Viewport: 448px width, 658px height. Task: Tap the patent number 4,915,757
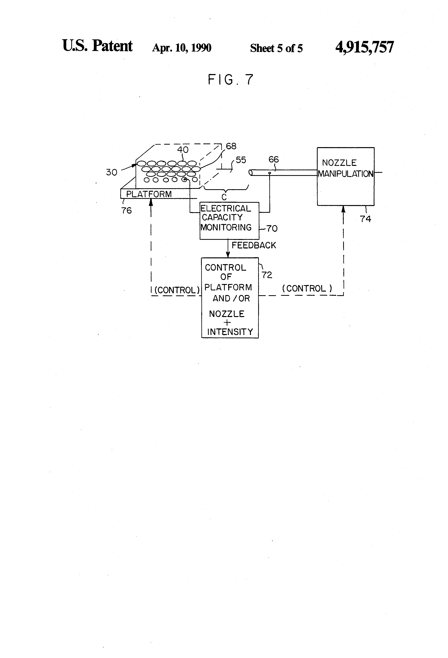pyautogui.click(x=364, y=47)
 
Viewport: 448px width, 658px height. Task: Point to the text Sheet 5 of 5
pyautogui.click(x=276, y=48)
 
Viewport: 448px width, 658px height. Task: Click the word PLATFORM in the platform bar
pyautogui.click(x=149, y=194)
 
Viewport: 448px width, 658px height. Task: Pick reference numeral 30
pyautogui.click(x=112, y=172)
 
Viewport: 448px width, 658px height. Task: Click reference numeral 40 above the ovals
pyautogui.click(x=183, y=149)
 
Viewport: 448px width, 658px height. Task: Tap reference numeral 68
pyautogui.click(x=231, y=146)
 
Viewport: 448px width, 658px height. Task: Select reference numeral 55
pyautogui.click(x=241, y=160)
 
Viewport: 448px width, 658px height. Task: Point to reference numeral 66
pyautogui.click(x=274, y=159)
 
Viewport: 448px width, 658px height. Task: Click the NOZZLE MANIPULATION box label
pyautogui.click(x=345, y=168)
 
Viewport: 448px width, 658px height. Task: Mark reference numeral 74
pyautogui.click(x=365, y=219)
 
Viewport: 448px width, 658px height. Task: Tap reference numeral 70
pyautogui.click(x=272, y=228)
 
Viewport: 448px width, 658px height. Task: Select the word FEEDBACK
pyautogui.click(x=254, y=245)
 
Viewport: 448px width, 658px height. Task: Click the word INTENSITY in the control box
pyautogui.click(x=230, y=332)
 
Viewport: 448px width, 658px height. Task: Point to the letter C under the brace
pyautogui.click(x=224, y=197)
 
